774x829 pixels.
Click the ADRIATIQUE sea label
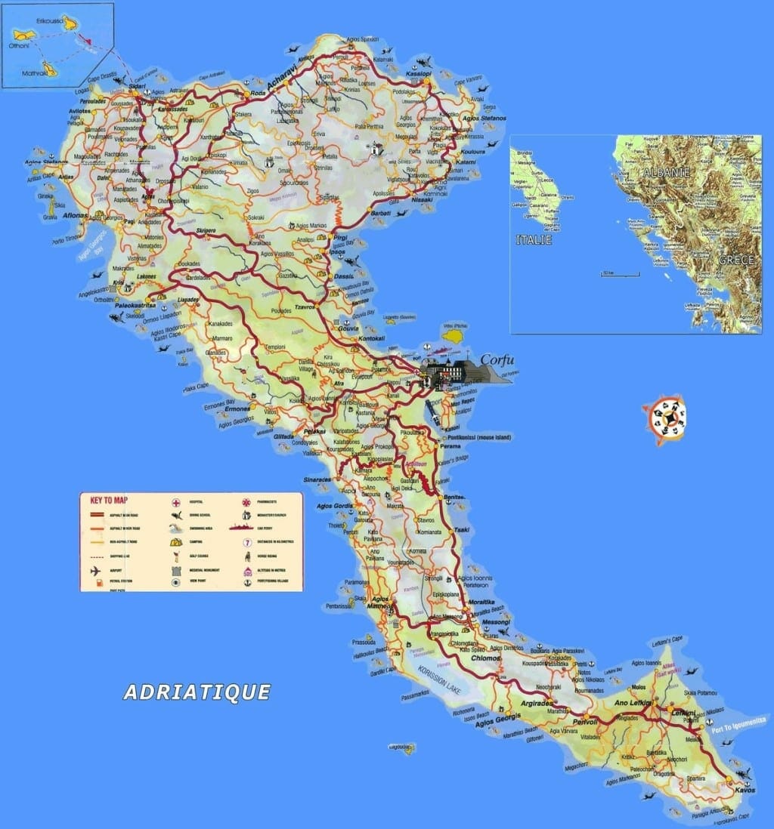tap(197, 692)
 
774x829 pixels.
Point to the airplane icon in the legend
tap(96, 570)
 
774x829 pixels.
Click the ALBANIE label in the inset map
tap(666, 173)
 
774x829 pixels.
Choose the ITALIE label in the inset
tap(534, 240)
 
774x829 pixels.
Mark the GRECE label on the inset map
tap(735, 260)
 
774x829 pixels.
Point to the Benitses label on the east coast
tap(454, 499)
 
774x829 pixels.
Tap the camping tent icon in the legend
tap(175, 541)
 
